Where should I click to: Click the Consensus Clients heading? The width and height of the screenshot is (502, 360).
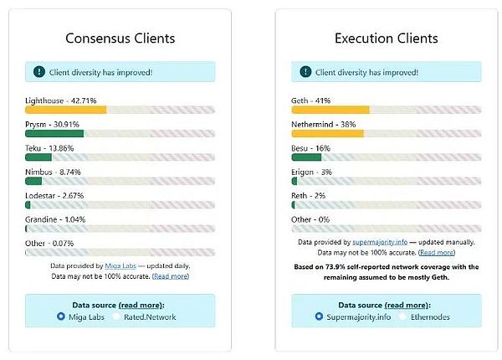tap(120, 39)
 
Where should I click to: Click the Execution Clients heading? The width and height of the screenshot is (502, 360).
tap(386, 39)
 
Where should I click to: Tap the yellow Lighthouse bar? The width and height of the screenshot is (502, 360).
tap(65, 110)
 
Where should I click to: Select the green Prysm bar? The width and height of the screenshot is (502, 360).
tap(54, 133)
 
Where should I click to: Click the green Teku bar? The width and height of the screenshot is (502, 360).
tap(38, 157)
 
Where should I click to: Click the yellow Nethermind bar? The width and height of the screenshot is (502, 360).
tap(327, 133)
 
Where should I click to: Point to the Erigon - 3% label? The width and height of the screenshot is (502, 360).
tap(311, 172)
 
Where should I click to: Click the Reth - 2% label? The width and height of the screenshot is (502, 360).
tap(308, 195)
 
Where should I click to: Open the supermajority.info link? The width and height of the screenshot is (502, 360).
tap(381, 241)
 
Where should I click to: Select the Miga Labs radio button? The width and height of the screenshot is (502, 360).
tap(60, 316)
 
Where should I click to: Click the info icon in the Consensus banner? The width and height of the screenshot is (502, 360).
tap(38, 72)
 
